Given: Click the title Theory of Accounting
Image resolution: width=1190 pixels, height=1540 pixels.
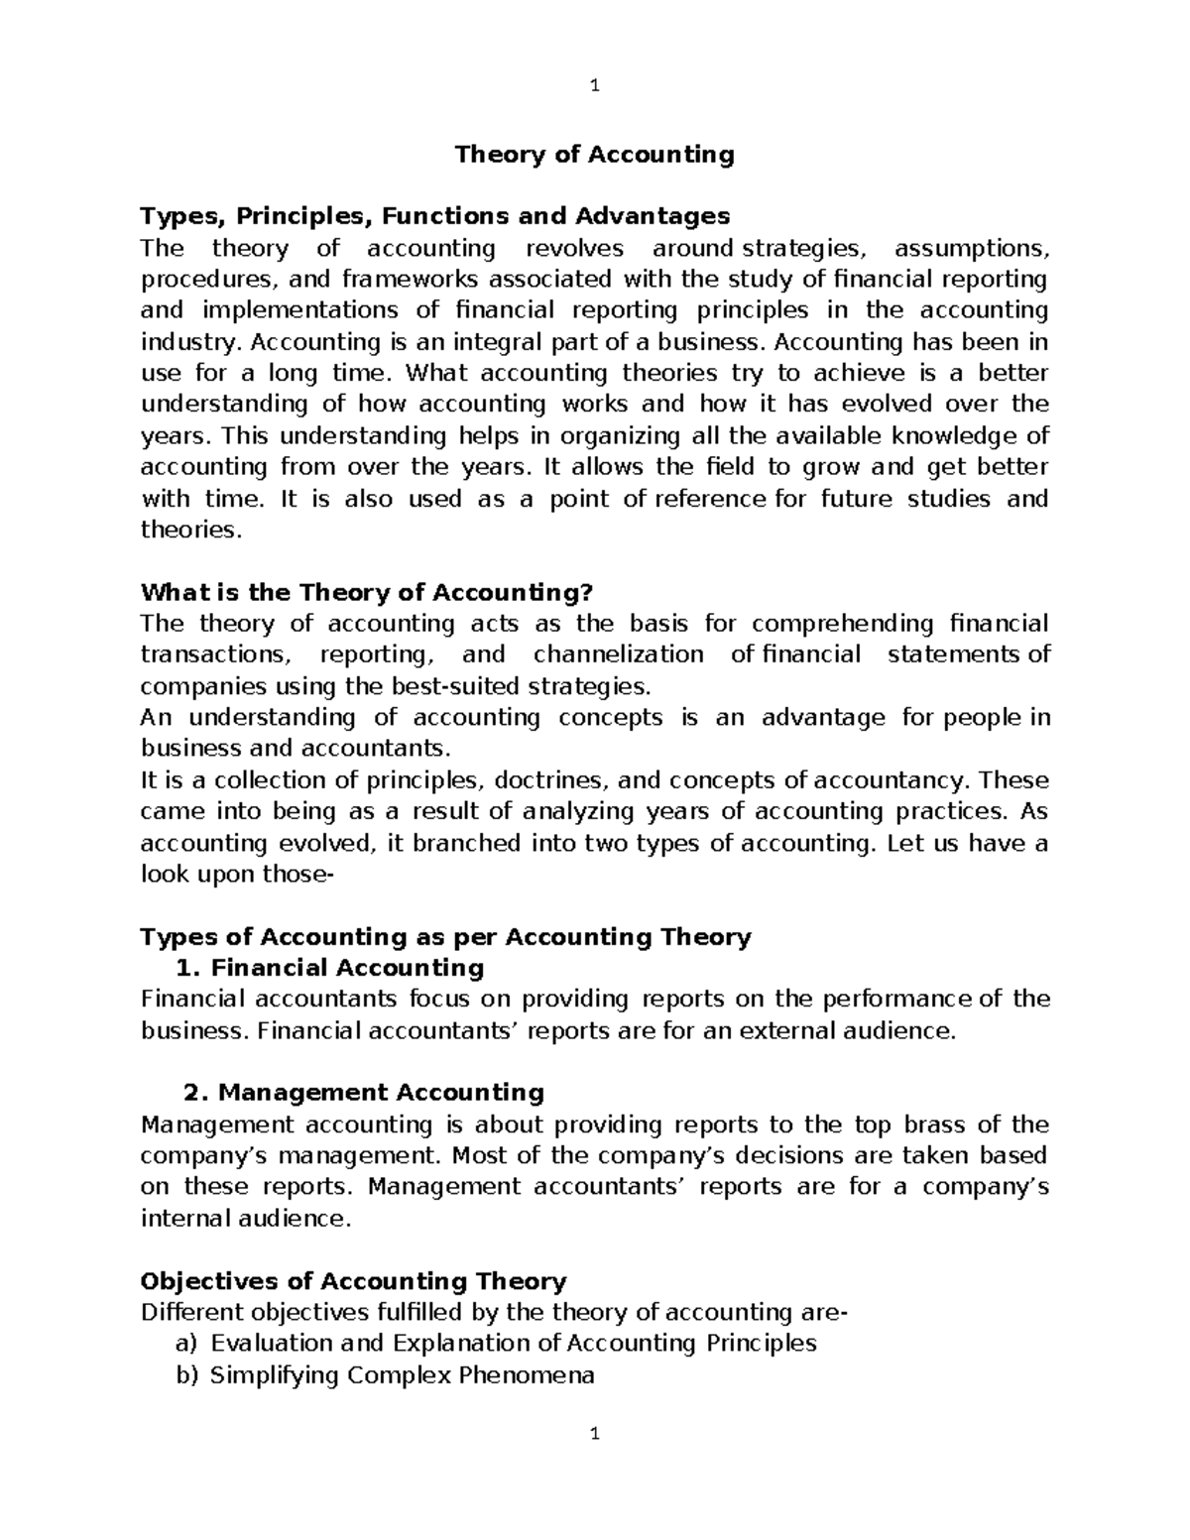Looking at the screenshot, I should click(x=594, y=155).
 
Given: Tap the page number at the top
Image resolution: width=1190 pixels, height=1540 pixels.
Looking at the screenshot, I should click(x=594, y=85).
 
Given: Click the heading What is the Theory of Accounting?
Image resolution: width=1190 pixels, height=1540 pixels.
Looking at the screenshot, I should click(x=367, y=593).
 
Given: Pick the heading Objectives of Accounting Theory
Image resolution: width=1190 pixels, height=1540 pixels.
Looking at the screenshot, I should click(x=354, y=1281).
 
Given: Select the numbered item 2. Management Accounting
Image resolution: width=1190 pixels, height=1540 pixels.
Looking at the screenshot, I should click(x=364, y=1093).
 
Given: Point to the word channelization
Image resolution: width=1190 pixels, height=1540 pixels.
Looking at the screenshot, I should click(x=618, y=654).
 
